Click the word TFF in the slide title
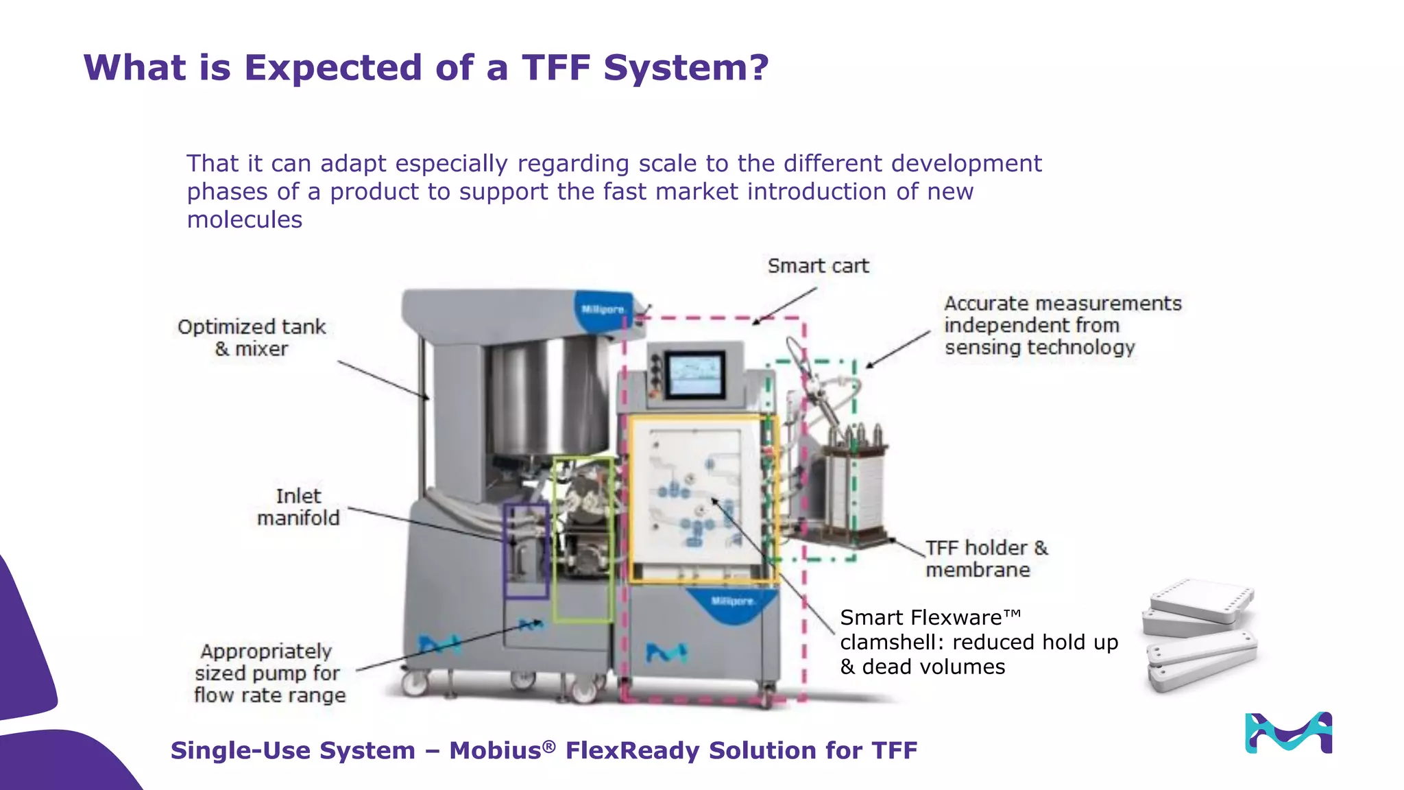tap(556, 68)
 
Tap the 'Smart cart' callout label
tap(818, 266)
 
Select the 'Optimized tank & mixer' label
tap(252, 337)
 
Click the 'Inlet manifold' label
tap(298, 507)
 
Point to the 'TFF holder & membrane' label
tap(986, 558)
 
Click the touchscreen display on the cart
tap(695, 374)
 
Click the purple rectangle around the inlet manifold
tap(506, 549)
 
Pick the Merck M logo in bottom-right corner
tap(1288, 732)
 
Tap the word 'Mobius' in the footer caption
tap(495, 751)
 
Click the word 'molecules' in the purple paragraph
tap(245, 220)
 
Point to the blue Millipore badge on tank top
tap(603, 309)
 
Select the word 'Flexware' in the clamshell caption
tap(956, 618)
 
